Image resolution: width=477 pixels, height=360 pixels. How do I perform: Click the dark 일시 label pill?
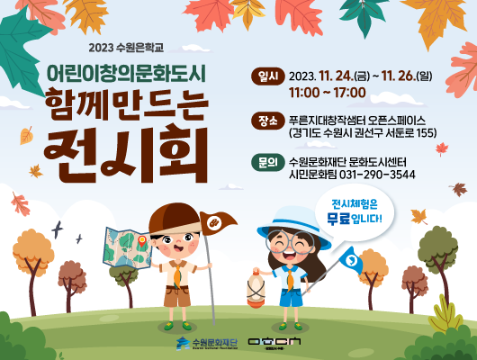268,76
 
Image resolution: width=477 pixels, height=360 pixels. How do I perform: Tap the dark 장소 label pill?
268,119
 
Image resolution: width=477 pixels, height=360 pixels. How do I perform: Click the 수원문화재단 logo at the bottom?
204,343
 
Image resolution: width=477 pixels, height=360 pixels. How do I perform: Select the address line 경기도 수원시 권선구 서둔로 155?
363,132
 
